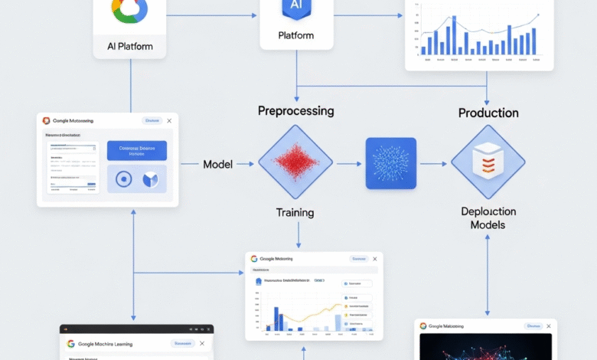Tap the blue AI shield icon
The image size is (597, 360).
click(x=295, y=8)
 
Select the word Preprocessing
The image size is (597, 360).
click(x=295, y=110)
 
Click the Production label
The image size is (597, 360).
click(x=488, y=113)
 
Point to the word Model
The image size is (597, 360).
click(x=217, y=164)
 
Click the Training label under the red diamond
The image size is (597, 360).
click(x=295, y=212)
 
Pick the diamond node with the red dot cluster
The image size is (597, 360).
click(x=295, y=163)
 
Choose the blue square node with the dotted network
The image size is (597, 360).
click(x=390, y=163)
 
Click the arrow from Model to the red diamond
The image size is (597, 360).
click(x=245, y=164)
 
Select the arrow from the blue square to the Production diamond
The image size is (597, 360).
click(x=433, y=164)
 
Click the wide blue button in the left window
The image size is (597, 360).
click(x=136, y=150)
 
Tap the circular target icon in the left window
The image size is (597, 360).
click(x=124, y=179)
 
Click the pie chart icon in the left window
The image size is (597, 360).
click(x=150, y=179)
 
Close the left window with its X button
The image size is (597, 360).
click(x=169, y=120)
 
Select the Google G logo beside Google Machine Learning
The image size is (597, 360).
click(x=70, y=344)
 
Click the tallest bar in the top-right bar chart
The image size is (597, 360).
click(x=455, y=34)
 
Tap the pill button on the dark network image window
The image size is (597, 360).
click(x=533, y=326)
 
